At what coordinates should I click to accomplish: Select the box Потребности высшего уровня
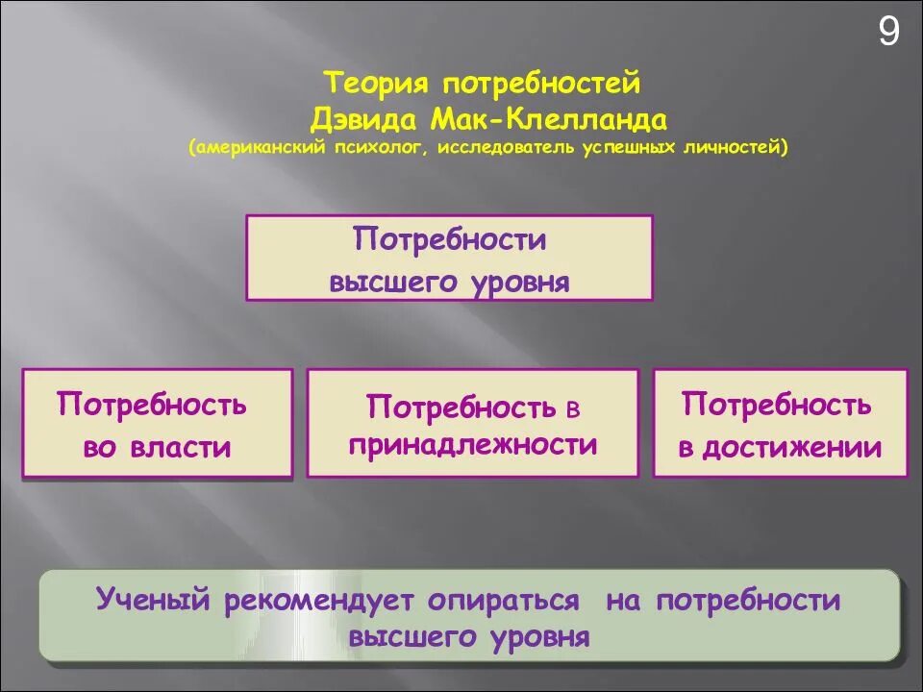coord(449,258)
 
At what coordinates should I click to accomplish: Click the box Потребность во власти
coord(157,424)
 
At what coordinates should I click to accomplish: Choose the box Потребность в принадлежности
coord(472,424)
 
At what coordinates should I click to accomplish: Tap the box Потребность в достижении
coord(780,424)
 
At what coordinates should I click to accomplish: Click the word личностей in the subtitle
coord(740,148)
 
